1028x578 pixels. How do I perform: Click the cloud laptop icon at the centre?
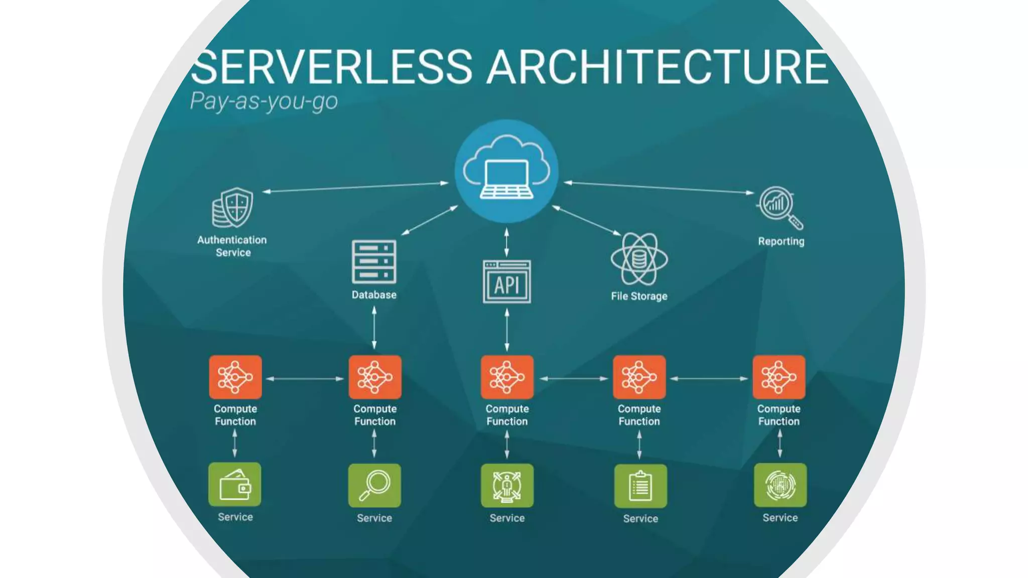506,171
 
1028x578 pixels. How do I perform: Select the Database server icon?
374,261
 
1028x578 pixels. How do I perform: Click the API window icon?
506,281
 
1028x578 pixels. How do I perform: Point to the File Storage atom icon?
639,259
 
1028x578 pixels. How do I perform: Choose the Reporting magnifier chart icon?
780,207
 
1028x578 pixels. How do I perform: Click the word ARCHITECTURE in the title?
658,67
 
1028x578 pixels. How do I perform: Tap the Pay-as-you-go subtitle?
264,101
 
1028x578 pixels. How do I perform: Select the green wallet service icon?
235,485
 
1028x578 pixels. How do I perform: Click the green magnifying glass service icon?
374,485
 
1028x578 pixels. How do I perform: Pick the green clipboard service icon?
640,486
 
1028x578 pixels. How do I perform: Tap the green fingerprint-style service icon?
780,485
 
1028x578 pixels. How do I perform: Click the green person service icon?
507,486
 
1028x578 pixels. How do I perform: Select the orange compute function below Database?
375,377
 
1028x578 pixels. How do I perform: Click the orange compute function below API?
507,377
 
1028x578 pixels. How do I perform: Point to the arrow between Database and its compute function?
374,328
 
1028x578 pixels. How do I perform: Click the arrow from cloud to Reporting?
659,188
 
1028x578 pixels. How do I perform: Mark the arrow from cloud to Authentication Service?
355,187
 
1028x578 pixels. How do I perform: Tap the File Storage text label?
639,296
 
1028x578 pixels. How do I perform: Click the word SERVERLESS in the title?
331,67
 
